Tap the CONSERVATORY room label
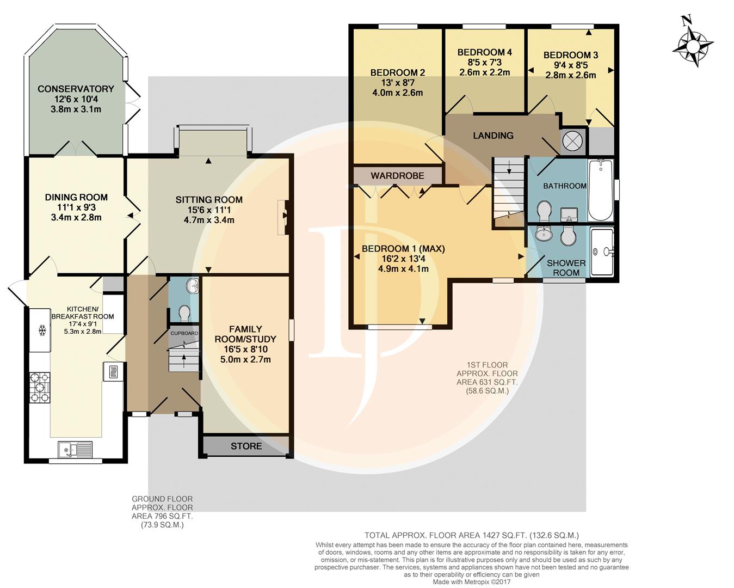point(76,89)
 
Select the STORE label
point(246,446)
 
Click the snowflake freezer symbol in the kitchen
point(42,330)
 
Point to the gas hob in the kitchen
point(40,388)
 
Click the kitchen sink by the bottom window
point(76,450)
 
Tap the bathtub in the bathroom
point(601,191)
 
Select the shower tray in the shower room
point(602,252)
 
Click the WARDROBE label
point(397,176)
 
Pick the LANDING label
point(493,136)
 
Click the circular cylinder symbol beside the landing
point(573,140)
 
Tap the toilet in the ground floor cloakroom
point(185,313)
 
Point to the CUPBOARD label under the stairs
point(184,333)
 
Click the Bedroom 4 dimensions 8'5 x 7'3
point(485,63)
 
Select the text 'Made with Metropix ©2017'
point(472,582)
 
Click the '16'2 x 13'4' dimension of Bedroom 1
point(403,259)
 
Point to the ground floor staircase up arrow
point(184,361)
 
